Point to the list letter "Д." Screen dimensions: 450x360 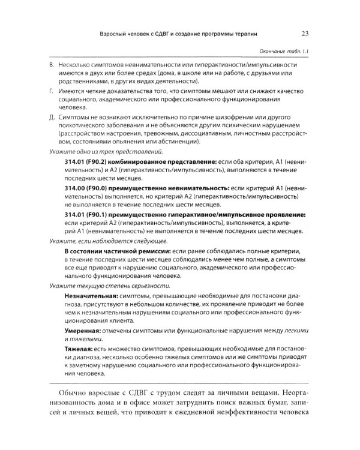click(x=52, y=118)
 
